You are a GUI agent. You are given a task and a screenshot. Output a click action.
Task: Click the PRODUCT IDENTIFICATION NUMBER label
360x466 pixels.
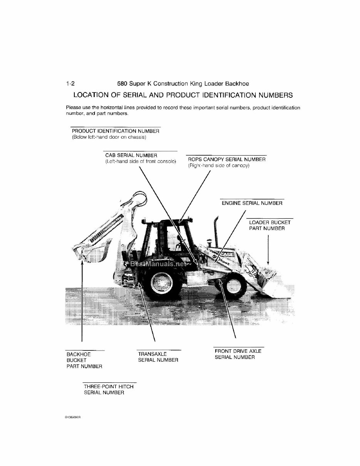click(x=116, y=131)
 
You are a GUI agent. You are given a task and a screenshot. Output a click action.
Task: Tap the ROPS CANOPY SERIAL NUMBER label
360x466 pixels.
click(x=227, y=159)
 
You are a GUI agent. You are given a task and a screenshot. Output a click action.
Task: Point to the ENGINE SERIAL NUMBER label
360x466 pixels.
click(x=252, y=203)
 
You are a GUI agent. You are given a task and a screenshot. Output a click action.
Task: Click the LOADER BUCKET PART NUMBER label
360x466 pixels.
click(x=270, y=225)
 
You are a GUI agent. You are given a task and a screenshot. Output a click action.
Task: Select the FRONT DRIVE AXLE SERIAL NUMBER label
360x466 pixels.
click(x=238, y=354)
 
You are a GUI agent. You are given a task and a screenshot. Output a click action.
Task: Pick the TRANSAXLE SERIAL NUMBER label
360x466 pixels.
click(x=158, y=357)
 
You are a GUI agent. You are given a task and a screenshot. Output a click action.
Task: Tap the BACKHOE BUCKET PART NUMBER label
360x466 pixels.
click(x=84, y=360)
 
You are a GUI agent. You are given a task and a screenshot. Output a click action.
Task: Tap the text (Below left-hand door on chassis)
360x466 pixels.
click(x=109, y=137)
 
